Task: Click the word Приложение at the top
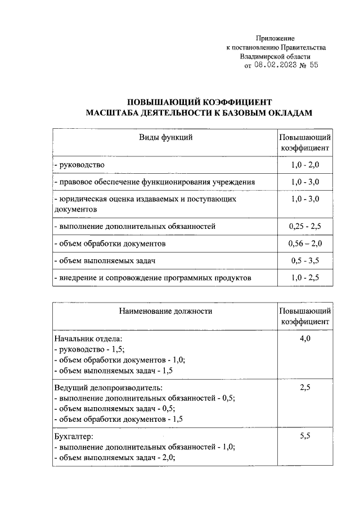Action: (x=276, y=37)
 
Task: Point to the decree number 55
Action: (x=314, y=65)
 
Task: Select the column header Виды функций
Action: (x=166, y=137)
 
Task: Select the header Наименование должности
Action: (x=166, y=310)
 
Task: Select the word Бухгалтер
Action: (x=74, y=436)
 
